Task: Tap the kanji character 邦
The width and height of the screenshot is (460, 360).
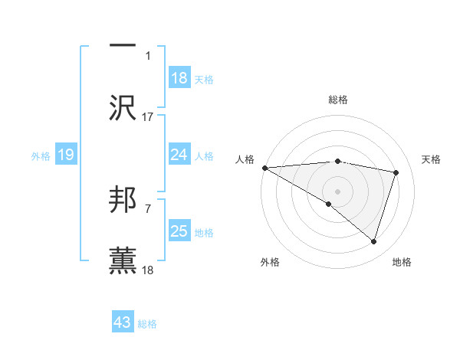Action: point(123,201)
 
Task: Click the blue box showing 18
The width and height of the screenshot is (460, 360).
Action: point(179,78)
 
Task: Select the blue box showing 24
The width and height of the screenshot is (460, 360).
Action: point(179,155)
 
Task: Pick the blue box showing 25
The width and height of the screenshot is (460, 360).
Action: point(179,231)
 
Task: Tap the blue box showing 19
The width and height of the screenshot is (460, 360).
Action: point(66,155)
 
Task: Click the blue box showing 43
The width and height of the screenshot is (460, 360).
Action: point(123,323)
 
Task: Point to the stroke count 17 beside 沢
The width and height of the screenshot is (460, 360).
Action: point(148,117)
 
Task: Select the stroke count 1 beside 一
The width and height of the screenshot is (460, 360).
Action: point(148,55)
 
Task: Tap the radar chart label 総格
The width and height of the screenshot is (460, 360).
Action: point(338,100)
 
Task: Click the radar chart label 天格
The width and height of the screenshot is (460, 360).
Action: point(432,159)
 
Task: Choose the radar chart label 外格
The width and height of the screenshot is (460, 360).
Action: point(270,262)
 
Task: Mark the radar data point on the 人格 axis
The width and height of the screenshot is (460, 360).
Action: point(264,168)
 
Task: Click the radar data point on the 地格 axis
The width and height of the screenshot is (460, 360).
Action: point(373,241)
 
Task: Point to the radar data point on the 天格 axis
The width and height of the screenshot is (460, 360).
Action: point(396,172)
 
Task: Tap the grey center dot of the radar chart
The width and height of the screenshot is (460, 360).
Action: point(337,191)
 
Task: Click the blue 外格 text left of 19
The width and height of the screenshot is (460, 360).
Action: point(41,156)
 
